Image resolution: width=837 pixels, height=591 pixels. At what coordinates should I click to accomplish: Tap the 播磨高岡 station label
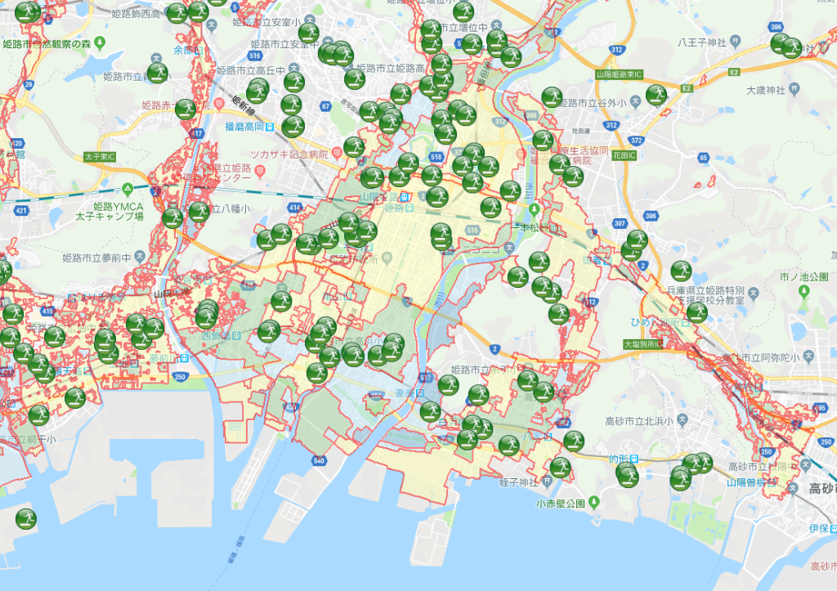(x=238, y=127)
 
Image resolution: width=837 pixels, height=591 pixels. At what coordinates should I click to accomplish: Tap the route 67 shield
(x=325, y=105)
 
